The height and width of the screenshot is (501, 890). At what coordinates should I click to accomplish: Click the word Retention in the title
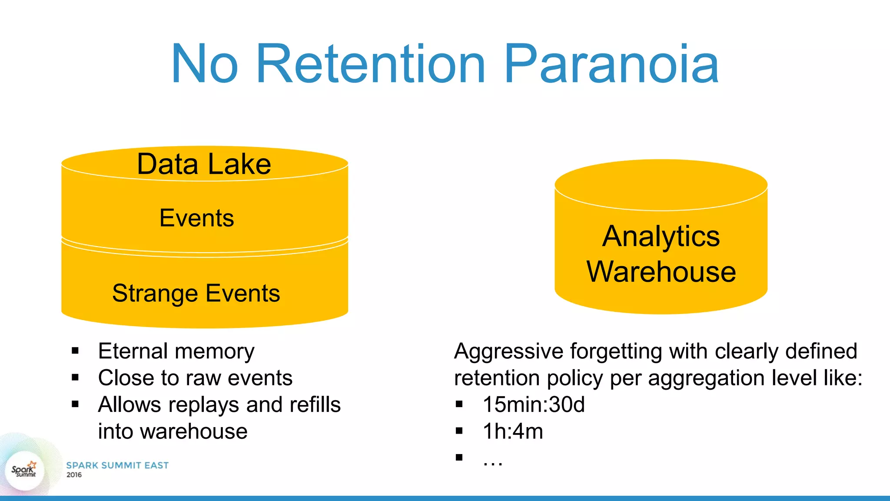pos(370,64)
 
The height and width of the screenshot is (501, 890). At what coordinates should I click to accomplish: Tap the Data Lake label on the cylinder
pos(204,164)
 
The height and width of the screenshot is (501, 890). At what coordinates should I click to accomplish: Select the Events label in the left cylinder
pos(196,218)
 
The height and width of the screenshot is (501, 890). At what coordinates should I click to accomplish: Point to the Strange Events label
pos(196,293)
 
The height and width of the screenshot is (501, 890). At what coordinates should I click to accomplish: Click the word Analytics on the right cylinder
pos(661,237)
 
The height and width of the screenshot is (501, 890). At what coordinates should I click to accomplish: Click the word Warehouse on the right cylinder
pos(661,272)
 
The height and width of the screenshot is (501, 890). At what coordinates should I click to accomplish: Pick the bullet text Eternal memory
pos(176,351)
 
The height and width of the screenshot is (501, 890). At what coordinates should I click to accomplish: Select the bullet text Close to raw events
pos(195,377)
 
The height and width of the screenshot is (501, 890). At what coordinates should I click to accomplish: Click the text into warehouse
pos(173,431)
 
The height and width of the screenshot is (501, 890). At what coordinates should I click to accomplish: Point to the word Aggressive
pos(508,351)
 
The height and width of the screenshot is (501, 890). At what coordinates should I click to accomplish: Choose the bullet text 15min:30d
pos(534,404)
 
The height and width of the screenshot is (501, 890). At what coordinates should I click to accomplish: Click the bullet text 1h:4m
pos(513,431)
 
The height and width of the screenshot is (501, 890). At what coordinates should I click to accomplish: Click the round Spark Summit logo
pos(24,470)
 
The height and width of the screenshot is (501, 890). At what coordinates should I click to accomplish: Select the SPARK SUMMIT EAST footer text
pos(117,465)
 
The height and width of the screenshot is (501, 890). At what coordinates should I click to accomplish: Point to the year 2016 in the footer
pos(74,475)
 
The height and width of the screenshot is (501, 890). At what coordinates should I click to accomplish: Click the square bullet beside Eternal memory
pos(75,351)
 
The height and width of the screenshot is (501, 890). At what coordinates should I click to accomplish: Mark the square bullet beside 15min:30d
pos(459,404)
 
